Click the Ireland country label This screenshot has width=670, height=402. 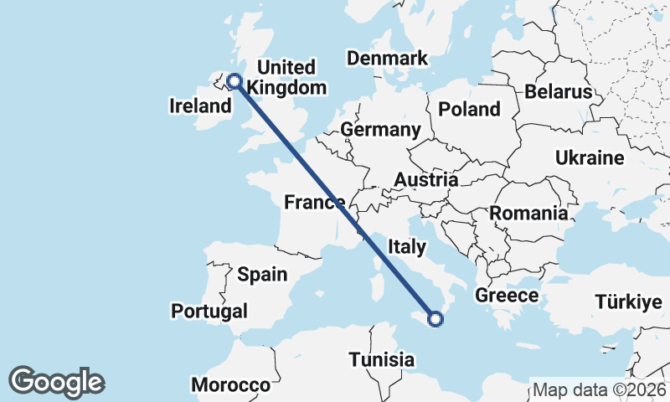[200, 106]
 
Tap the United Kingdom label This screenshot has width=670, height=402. [286, 77]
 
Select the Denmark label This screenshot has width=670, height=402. [387, 59]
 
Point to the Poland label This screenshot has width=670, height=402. [469, 109]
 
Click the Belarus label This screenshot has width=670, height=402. [559, 91]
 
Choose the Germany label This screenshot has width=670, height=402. [380, 130]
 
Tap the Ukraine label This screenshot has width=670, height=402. [590, 157]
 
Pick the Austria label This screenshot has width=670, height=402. [426, 180]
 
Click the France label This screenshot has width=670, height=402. [315, 202]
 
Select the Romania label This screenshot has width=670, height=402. [528, 213]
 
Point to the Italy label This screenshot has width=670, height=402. [407, 246]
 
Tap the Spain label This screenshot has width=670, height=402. [262, 274]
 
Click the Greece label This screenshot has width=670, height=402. [507, 296]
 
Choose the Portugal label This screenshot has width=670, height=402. [209, 311]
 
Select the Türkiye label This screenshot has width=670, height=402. [628, 302]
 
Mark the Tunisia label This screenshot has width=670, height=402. [382, 359]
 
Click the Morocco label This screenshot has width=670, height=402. [230, 385]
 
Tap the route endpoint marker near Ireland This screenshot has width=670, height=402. [234, 81]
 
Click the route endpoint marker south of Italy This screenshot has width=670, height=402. [435, 318]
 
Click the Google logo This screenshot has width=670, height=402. [56, 382]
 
